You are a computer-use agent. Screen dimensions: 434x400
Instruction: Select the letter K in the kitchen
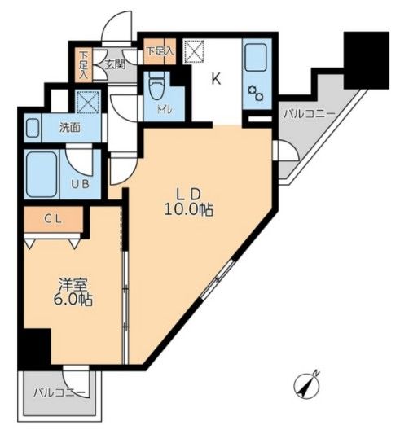[x=216, y=79]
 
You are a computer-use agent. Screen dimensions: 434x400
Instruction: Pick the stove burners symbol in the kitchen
[x=256, y=93]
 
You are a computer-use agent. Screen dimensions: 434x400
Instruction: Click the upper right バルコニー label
[x=305, y=113]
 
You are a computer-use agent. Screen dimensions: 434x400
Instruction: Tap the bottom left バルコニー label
[x=59, y=392]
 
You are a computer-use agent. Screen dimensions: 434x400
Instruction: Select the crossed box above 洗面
[x=86, y=103]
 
